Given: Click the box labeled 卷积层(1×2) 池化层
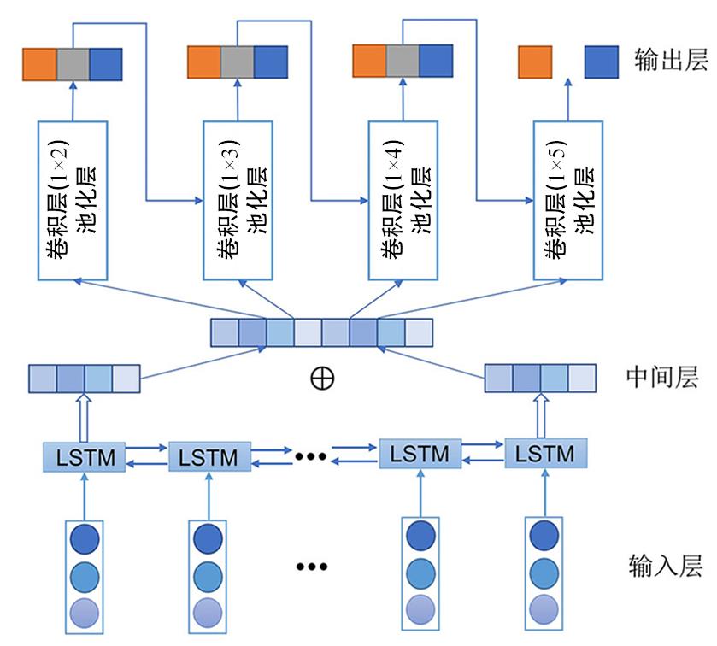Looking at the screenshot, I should click(x=73, y=200).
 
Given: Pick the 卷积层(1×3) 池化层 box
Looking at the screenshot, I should click(x=238, y=200).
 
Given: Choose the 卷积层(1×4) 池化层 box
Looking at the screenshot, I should click(x=403, y=200).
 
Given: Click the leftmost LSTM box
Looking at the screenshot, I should click(x=85, y=455).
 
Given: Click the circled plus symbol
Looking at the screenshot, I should click(x=322, y=379).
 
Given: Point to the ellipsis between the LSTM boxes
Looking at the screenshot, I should click(x=311, y=456).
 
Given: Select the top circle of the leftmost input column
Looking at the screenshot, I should click(x=85, y=538).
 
